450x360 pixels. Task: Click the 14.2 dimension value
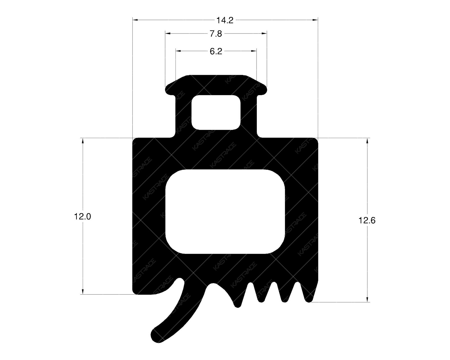click(225, 20)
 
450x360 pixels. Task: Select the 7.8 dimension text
click(216, 34)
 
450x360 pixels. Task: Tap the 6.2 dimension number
click(216, 51)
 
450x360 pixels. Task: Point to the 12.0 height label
click(82, 217)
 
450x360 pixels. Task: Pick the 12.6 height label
click(367, 220)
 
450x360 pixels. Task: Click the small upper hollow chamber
click(216, 112)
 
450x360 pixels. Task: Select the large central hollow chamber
click(225, 211)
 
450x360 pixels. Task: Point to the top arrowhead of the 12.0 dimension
click(83, 140)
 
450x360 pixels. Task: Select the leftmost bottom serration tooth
click(238, 304)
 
